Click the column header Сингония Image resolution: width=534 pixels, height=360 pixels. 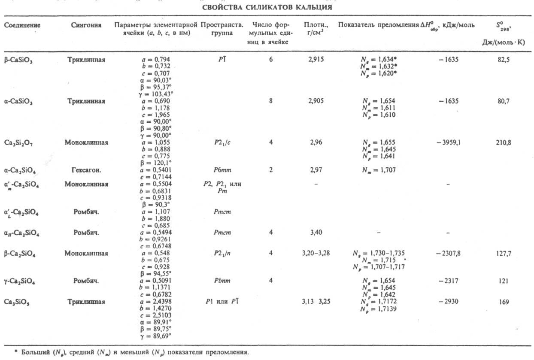[x=86, y=25]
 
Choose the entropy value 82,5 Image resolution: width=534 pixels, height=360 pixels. [x=503, y=61]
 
